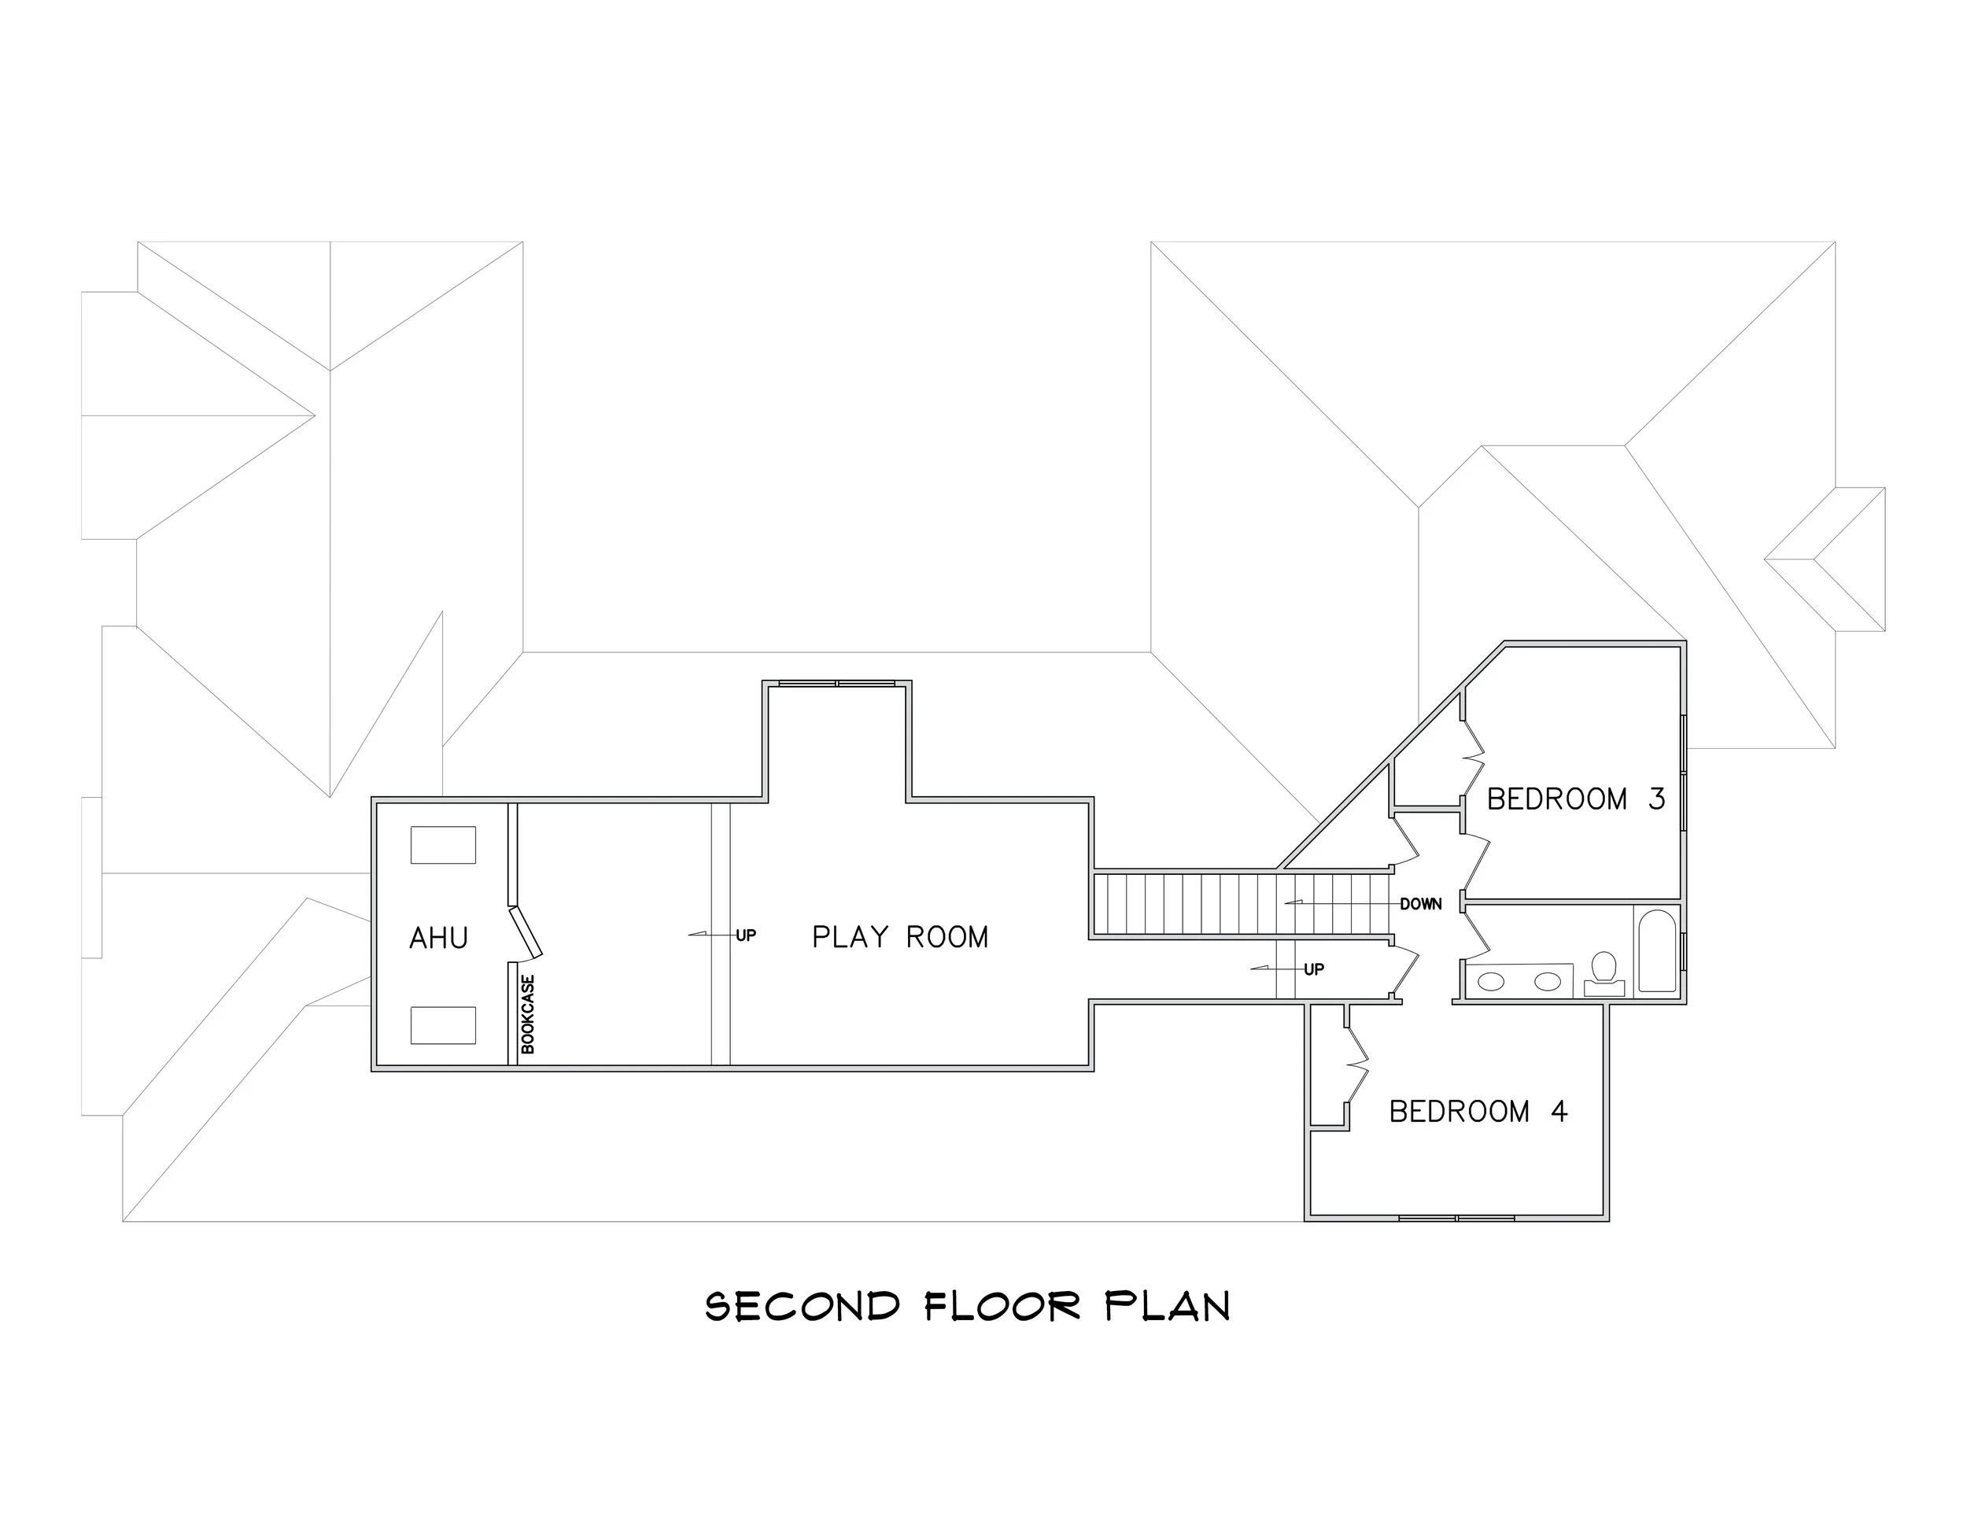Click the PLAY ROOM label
(900, 937)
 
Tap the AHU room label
(438, 939)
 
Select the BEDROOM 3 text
(1575, 799)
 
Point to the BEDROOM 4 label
(1478, 1111)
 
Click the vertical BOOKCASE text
(529, 1014)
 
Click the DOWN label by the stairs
(1420, 904)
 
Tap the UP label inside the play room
(746, 935)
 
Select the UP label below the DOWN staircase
(1314, 969)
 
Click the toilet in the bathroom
(1603, 972)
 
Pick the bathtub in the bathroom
(1657, 951)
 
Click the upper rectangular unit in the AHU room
(443, 845)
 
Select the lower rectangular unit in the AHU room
(443, 1024)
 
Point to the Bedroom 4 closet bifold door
(1356, 1066)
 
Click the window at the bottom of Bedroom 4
(1456, 1219)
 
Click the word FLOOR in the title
(1002, 1307)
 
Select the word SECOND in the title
(803, 1307)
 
